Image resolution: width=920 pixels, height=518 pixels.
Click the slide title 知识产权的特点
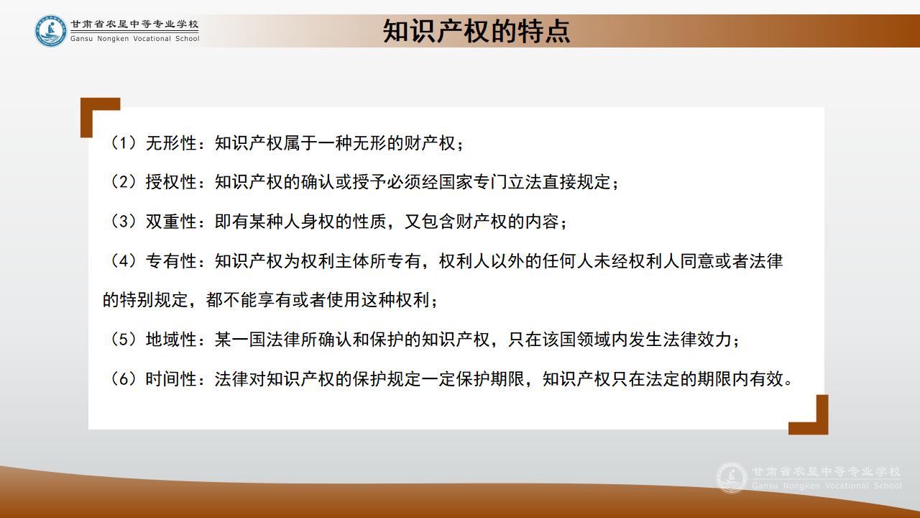click(477, 31)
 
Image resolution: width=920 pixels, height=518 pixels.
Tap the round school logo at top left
click(50, 31)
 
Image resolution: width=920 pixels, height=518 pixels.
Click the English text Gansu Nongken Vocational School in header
click(134, 39)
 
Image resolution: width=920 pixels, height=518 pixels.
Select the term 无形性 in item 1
click(171, 143)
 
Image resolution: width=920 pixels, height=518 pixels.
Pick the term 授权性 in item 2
click(171, 182)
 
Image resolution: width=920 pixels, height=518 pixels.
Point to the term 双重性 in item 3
click(171, 222)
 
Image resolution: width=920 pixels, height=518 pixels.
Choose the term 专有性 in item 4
click(171, 261)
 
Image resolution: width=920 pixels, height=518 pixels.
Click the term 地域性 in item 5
click(171, 340)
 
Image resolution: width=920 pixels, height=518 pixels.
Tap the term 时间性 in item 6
click(171, 379)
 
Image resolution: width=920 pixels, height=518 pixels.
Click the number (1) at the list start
click(123, 143)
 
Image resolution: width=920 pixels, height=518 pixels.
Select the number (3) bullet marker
click(123, 222)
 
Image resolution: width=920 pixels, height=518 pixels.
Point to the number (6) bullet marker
click(123, 379)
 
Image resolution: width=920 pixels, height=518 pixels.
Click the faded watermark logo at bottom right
click(732, 478)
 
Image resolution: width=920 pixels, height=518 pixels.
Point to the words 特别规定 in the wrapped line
click(154, 300)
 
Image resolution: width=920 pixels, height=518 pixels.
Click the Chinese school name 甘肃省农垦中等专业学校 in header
click(134, 24)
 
